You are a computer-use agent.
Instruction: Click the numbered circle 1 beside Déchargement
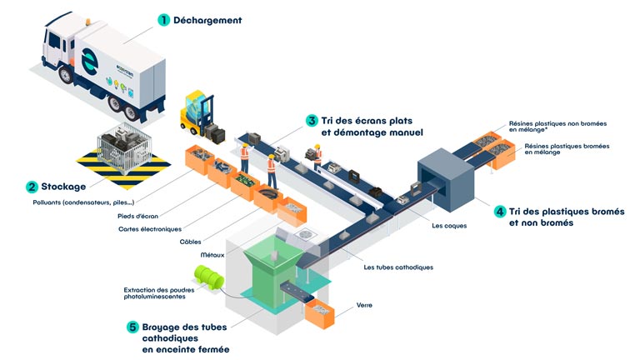click(x=163, y=20)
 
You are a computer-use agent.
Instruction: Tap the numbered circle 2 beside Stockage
click(x=32, y=187)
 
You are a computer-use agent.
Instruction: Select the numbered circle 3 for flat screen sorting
click(x=312, y=120)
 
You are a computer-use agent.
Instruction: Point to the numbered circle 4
click(x=500, y=212)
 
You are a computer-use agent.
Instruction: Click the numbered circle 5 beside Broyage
click(x=132, y=327)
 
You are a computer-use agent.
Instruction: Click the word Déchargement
click(x=207, y=20)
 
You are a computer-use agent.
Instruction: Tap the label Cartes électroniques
click(x=150, y=229)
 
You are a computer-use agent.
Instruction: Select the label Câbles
click(x=190, y=242)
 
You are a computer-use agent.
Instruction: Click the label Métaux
click(x=212, y=255)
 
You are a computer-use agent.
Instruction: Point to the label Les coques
click(x=449, y=225)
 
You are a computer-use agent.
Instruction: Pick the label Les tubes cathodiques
click(x=398, y=267)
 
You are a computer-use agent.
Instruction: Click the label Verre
click(x=364, y=305)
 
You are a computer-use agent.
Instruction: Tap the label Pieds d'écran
click(x=137, y=216)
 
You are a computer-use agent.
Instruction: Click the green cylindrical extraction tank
click(x=209, y=277)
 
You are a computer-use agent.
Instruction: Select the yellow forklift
click(x=197, y=114)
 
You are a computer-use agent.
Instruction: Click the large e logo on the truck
click(x=90, y=62)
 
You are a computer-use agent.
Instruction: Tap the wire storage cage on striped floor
click(x=124, y=147)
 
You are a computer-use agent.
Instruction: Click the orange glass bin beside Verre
click(x=320, y=313)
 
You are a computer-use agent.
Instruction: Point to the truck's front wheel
click(x=65, y=75)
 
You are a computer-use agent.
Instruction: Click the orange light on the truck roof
click(x=87, y=21)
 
